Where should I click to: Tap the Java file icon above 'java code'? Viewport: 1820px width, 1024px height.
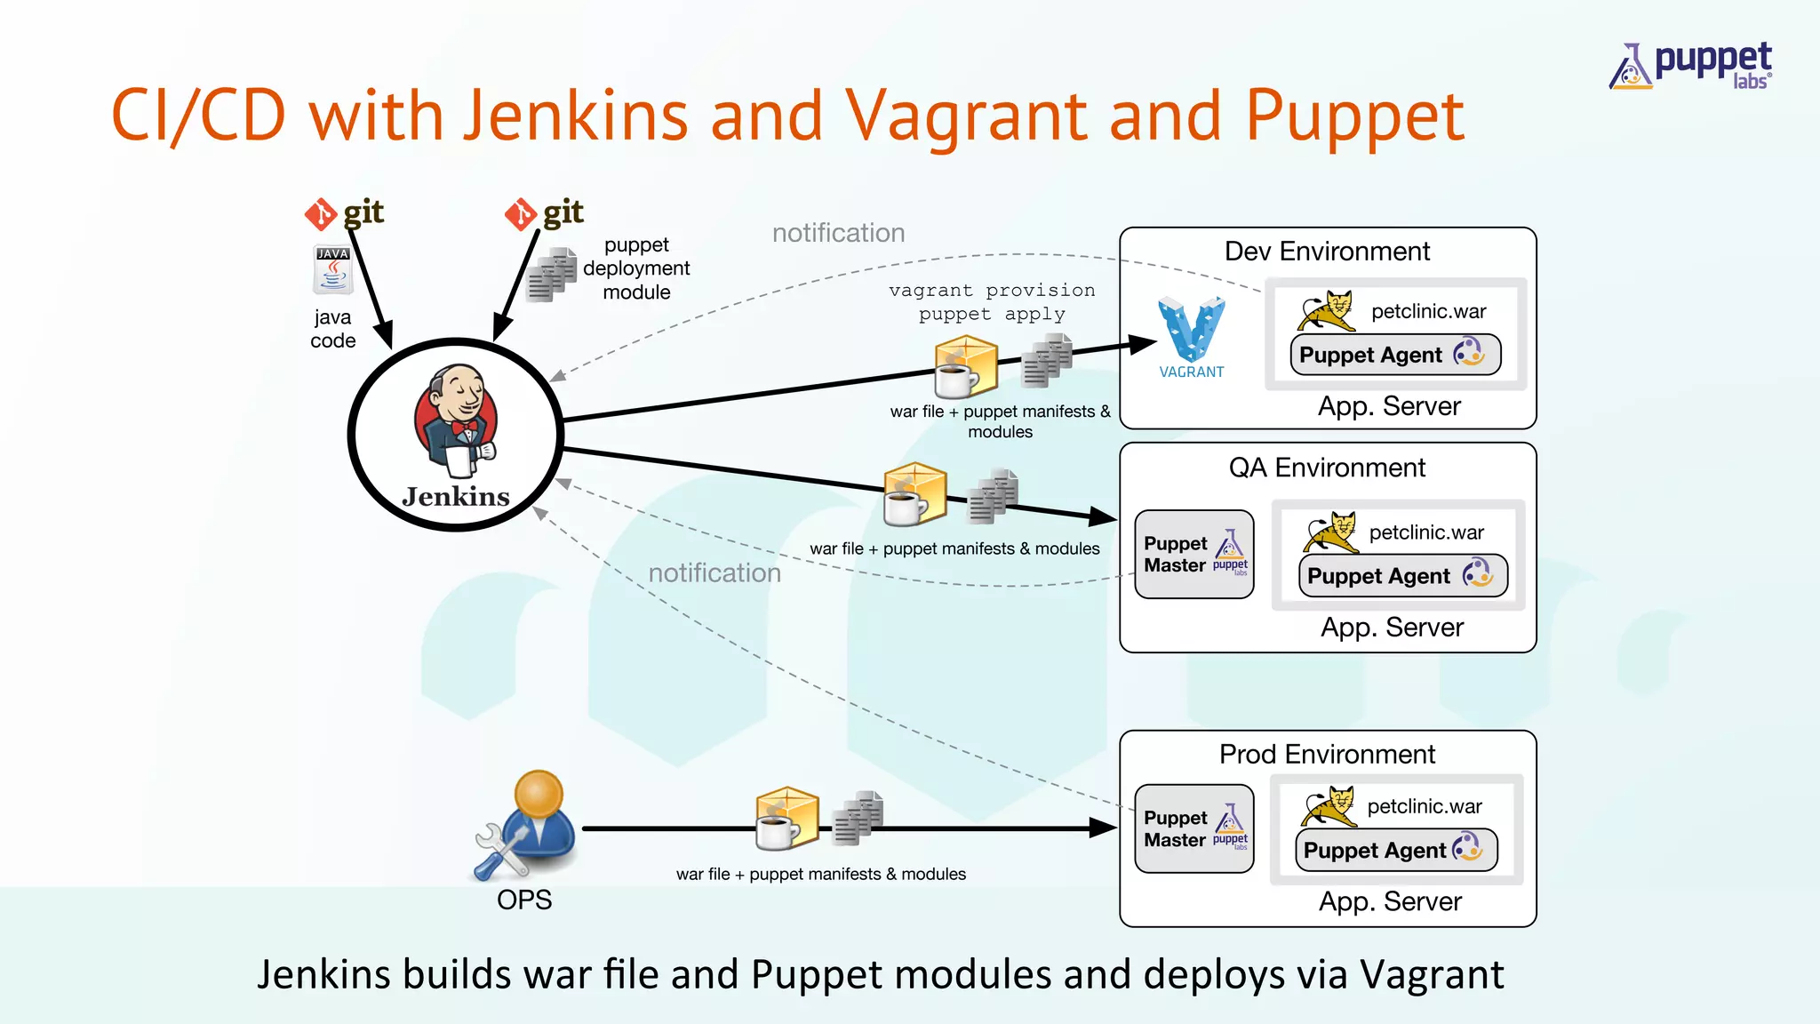click(x=333, y=270)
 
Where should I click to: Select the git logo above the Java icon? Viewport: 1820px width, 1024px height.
click(x=345, y=213)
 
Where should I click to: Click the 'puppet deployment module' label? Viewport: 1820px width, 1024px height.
click(x=636, y=268)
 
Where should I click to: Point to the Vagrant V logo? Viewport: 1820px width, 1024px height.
click(x=1191, y=331)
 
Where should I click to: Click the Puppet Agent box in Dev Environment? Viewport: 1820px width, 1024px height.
click(x=1395, y=355)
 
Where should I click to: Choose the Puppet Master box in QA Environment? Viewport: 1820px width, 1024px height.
click(x=1193, y=555)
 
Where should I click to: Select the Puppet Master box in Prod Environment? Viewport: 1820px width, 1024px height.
click(x=1193, y=828)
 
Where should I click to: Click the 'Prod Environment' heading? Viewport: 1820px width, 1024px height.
click(x=1327, y=755)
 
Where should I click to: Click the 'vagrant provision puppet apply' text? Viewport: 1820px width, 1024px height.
click(x=992, y=302)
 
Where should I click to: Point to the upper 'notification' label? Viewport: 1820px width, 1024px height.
click(x=838, y=233)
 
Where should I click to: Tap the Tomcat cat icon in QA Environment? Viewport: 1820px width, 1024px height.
click(x=1330, y=532)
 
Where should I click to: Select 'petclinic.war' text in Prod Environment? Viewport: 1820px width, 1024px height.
click(x=1425, y=806)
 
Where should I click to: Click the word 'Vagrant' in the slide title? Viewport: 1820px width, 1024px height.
click(x=967, y=117)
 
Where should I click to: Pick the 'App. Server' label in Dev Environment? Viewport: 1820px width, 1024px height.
click(x=1389, y=406)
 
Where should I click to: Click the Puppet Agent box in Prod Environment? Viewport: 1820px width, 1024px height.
click(x=1396, y=851)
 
